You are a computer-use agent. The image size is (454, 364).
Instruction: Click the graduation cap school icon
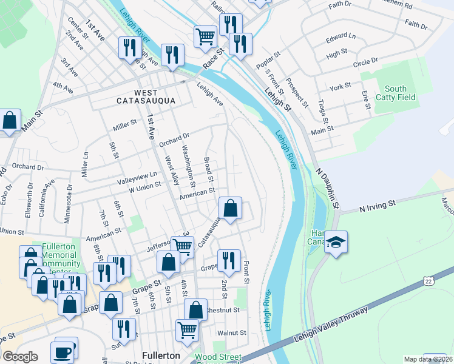click(x=336, y=243)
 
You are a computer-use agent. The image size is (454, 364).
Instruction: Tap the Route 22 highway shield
click(x=429, y=281)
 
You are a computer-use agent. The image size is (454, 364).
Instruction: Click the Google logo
click(x=20, y=357)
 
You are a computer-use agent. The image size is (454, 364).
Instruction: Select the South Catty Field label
click(x=395, y=93)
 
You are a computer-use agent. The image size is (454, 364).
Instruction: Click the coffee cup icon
click(x=63, y=351)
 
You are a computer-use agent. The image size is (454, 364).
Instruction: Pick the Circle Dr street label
click(x=365, y=61)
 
